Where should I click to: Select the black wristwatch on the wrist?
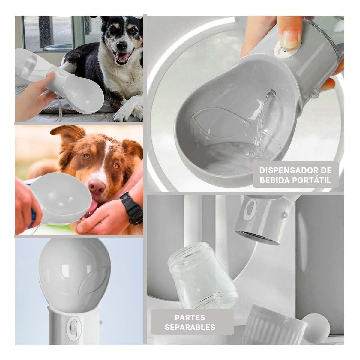tap(131, 208)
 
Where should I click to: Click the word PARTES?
tap(190, 317)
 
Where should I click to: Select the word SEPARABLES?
tap(190, 327)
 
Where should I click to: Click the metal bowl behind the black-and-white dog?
tap(58, 47)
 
